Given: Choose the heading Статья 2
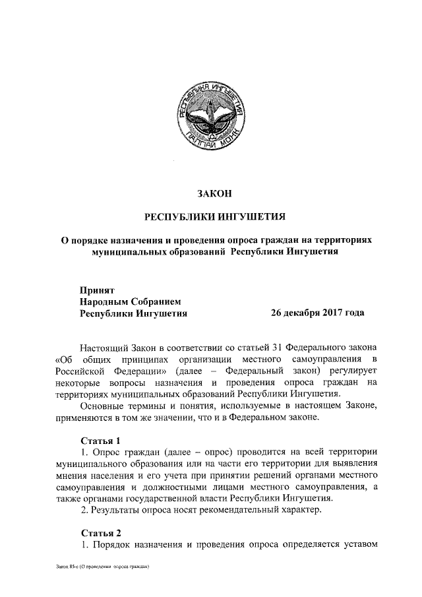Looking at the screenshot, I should click(x=101, y=532).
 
